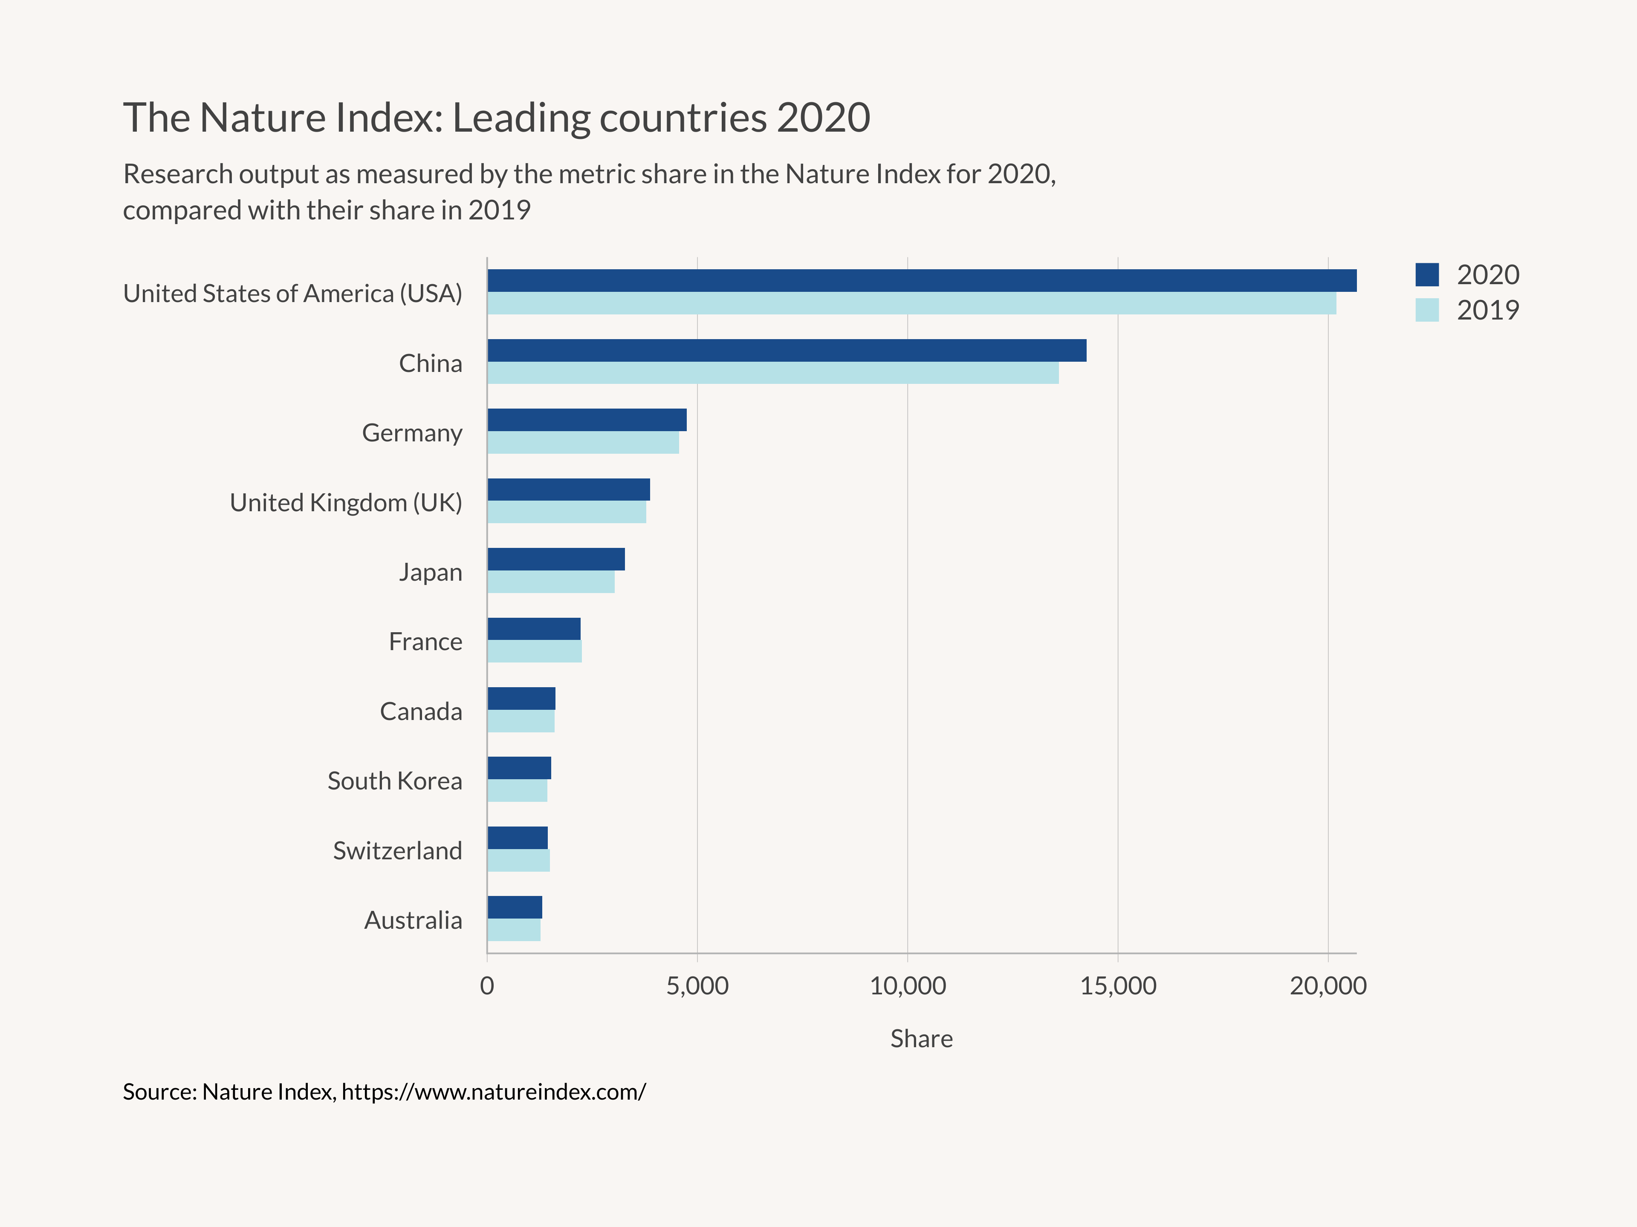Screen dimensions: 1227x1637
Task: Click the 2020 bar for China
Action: tap(786, 351)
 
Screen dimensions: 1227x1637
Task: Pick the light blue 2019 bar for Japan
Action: tap(551, 582)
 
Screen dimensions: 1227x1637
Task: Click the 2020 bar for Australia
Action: tap(515, 907)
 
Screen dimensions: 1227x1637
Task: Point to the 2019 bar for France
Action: tap(534, 651)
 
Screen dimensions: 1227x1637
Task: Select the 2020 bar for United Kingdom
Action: tap(568, 490)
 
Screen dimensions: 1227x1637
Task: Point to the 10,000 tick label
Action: tap(907, 986)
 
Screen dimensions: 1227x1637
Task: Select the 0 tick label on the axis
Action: tap(487, 986)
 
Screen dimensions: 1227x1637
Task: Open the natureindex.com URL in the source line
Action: tap(494, 1092)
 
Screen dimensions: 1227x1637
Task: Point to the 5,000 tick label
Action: tap(697, 986)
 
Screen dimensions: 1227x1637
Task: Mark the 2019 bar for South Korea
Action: tap(517, 791)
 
